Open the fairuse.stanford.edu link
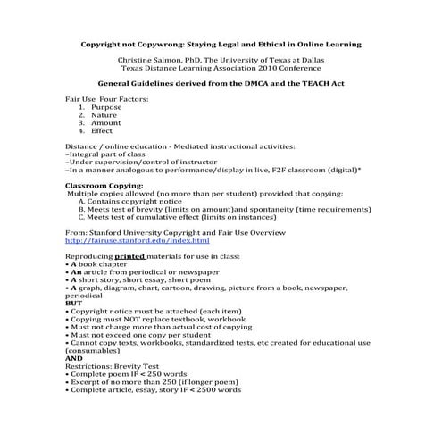pyautogui.click(x=138, y=240)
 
